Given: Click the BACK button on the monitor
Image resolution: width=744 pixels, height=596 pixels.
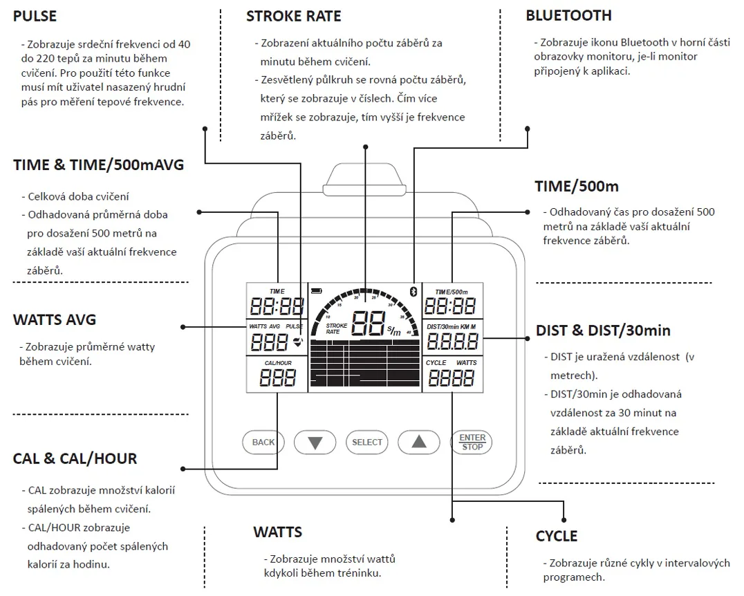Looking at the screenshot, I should [263, 443].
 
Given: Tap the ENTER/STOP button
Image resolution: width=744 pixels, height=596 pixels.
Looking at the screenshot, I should [473, 443].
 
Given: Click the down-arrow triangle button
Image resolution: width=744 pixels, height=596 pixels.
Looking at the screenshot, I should [315, 443].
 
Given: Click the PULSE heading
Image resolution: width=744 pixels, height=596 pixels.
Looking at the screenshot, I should [35, 15].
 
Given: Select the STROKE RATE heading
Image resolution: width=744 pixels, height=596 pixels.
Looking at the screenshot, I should [293, 15].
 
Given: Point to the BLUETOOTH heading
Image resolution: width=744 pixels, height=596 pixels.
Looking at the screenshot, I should [568, 15].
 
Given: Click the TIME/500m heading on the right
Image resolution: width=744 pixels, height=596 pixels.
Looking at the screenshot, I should [577, 186].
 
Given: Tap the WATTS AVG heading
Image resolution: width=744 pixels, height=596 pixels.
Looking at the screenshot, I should [55, 319].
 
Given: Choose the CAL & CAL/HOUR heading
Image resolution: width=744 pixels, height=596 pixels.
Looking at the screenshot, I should [75, 458].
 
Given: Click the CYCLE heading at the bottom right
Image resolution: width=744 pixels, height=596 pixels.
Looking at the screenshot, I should [557, 536].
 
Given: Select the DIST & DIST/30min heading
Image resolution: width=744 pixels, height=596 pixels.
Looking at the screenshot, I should [603, 330].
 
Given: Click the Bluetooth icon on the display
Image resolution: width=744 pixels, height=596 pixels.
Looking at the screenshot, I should [413, 291].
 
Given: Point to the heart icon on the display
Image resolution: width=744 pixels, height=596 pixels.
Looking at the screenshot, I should [298, 340].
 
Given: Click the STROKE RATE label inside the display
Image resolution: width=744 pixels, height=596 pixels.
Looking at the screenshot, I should [337, 328].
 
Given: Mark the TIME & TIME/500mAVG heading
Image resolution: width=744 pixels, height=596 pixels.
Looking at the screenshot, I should [99, 165].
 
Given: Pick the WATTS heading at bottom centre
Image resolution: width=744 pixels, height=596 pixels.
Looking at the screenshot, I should [277, 532].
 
